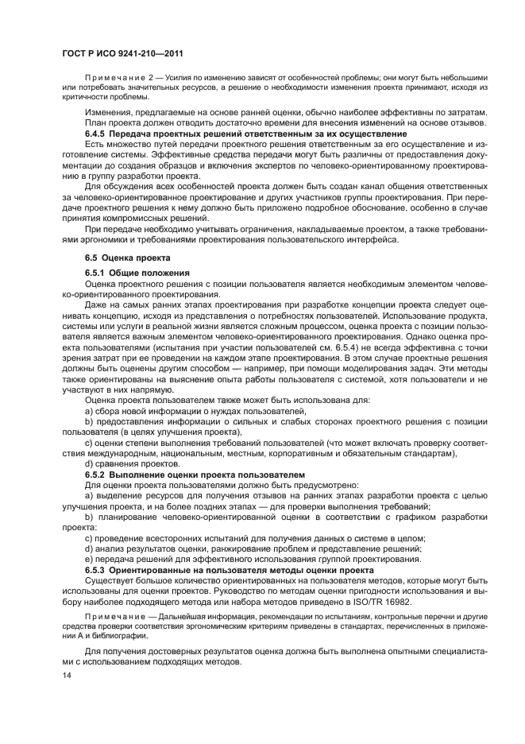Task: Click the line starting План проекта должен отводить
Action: pyautogui.click(x=284, y=123)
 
